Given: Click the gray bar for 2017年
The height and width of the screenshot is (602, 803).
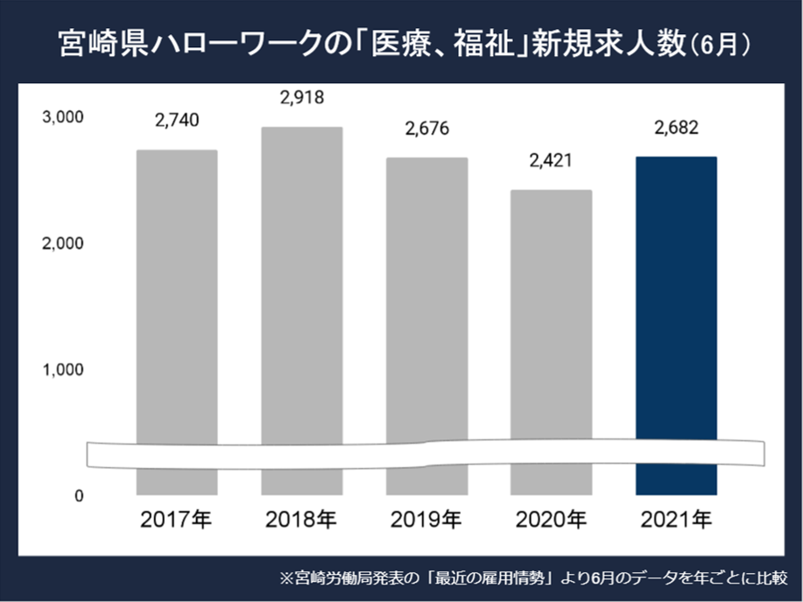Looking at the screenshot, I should tap(177, 297).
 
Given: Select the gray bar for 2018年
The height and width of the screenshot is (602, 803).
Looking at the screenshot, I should tap(302, 289).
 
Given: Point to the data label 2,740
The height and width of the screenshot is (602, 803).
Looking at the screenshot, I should tap(177, 122).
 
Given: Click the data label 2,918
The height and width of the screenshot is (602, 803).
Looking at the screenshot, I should tap(302, 98).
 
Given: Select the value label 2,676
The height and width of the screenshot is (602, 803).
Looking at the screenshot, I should tap(426, 129).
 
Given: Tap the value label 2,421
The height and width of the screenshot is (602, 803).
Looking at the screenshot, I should tap(552, 161).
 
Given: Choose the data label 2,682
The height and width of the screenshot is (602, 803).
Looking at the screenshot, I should tap(676, 129).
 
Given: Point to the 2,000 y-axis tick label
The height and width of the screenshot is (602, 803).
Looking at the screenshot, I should tap(62, 244).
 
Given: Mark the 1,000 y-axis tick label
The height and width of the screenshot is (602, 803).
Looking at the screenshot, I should tap(62, 370).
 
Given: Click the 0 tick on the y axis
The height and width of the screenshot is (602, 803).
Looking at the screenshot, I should tap(78, 496).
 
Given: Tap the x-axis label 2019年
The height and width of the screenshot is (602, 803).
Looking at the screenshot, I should tap(426, 521).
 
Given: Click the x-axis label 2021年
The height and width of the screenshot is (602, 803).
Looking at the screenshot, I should tap(676, 521).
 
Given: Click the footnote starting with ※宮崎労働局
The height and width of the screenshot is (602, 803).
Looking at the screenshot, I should tap(533, 578).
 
